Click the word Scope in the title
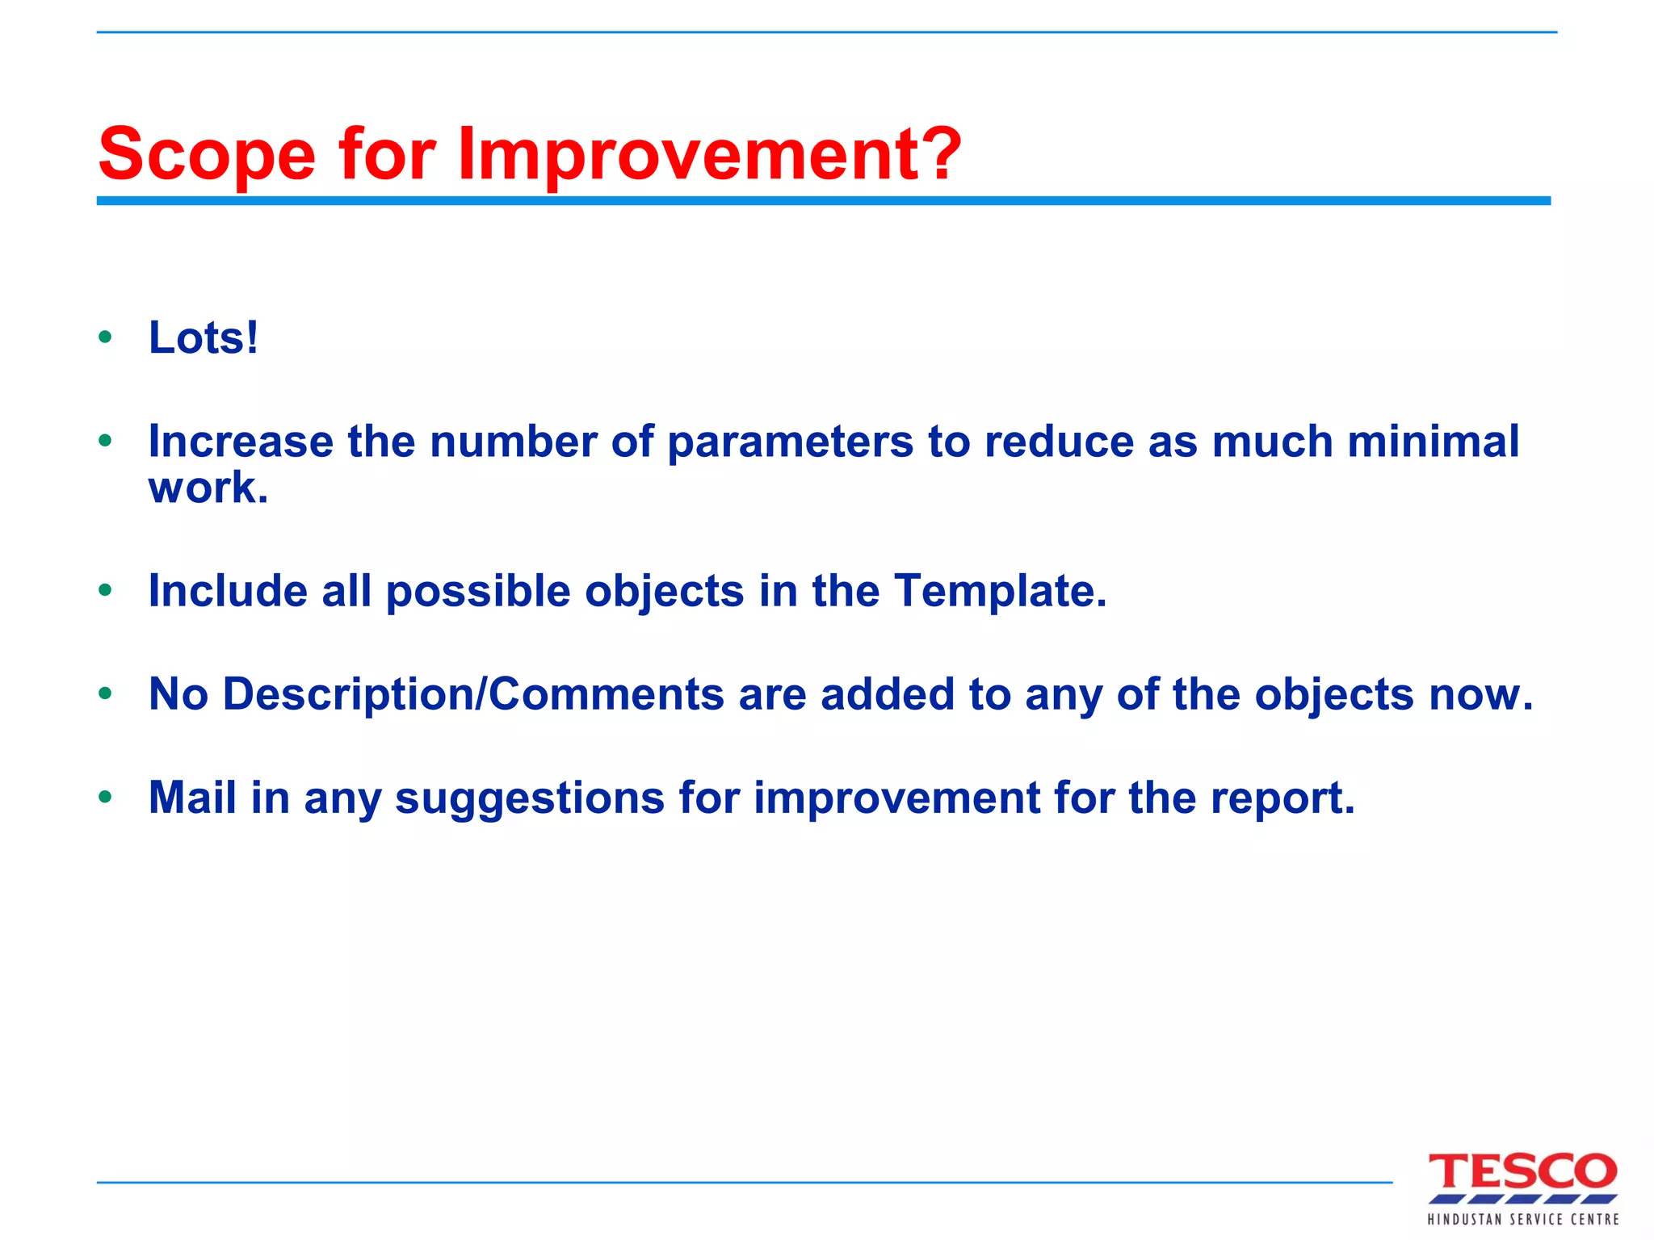pyautogui.click(x=207, y=155)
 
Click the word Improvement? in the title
pyautogui.click(x=709, y=155)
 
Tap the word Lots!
pyautogui.click(x=204, y=337)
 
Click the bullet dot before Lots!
pyautogui.click(x=105, y=337)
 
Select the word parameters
pyautogui.click(x=790, y=442)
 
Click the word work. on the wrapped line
pyautogui.click(x=208, y=488)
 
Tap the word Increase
pyautogui.click(x=241, y=442)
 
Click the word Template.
pyautogui.click(x=1000, y=592)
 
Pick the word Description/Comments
pyautogui.click(x=473, y=694)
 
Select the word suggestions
pyautogui.click(x=529, y=799)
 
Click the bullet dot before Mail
pyautogui.click(x=105, y=798)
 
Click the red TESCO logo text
pyautogui.click(x=1522, y=1172)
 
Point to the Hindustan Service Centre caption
pyautogui.click(x=1522, y=1219)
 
